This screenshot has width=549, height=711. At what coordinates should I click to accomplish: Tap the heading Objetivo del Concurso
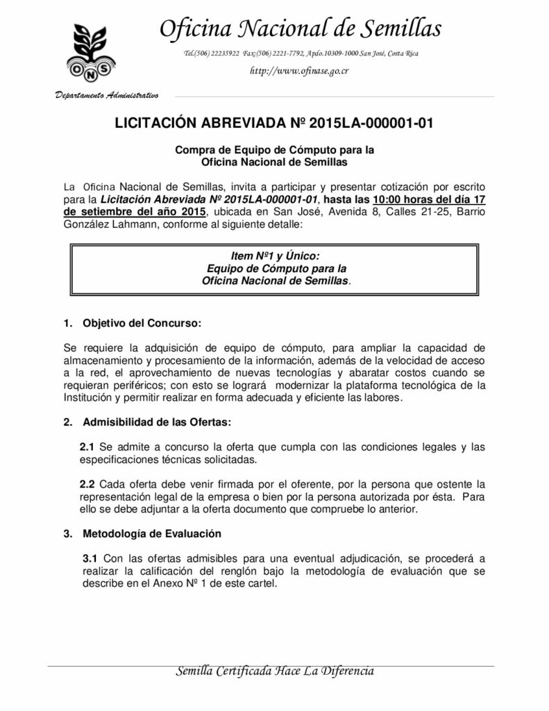[x=142, y=323]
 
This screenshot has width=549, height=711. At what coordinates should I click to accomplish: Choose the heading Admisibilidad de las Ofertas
[x=157, y=421]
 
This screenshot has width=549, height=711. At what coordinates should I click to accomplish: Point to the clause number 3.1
[x=90, y=559]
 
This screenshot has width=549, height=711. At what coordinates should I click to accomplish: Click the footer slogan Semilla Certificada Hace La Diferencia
[x=276, y=671]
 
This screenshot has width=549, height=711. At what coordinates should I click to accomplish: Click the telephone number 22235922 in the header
[x=221, y=53]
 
